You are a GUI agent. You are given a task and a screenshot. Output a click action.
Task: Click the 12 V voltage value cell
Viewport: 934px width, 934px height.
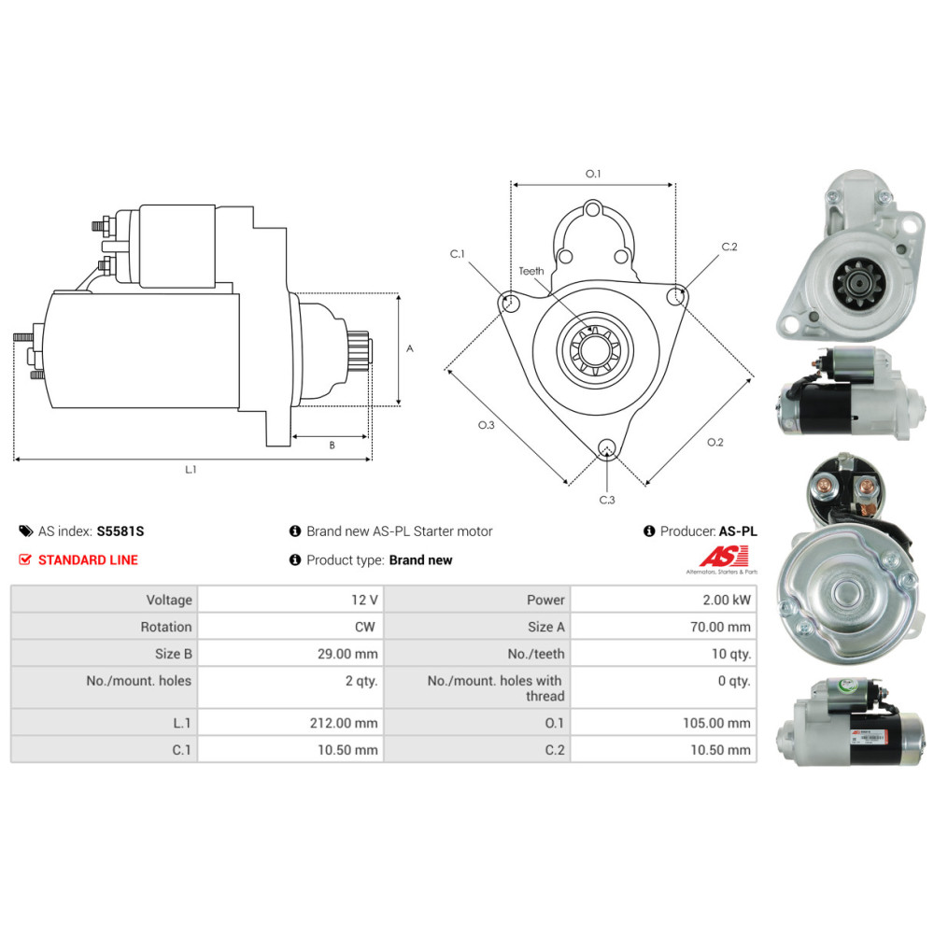pos(364,600)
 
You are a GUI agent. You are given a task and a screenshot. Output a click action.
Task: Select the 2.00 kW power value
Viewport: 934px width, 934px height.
pos(726,600)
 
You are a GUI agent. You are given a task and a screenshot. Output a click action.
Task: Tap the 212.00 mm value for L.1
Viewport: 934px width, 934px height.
pos(344,723)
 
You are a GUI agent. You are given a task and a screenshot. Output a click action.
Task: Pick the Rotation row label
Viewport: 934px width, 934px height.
pos(166,627)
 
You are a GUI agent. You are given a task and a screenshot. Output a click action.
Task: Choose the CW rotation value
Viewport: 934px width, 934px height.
pos(364,627)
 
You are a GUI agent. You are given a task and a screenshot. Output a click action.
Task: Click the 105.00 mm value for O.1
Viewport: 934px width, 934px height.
pos(716,723)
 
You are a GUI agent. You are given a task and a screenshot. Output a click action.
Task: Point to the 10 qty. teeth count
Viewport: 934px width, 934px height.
pos(731,654)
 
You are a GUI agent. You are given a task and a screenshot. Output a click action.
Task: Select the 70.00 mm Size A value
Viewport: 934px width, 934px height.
pos(720,627)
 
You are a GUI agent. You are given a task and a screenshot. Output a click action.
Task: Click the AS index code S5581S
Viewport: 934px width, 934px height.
pos(120,531)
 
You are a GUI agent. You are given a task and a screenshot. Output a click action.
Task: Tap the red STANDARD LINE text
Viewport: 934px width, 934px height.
pos(88,559)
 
